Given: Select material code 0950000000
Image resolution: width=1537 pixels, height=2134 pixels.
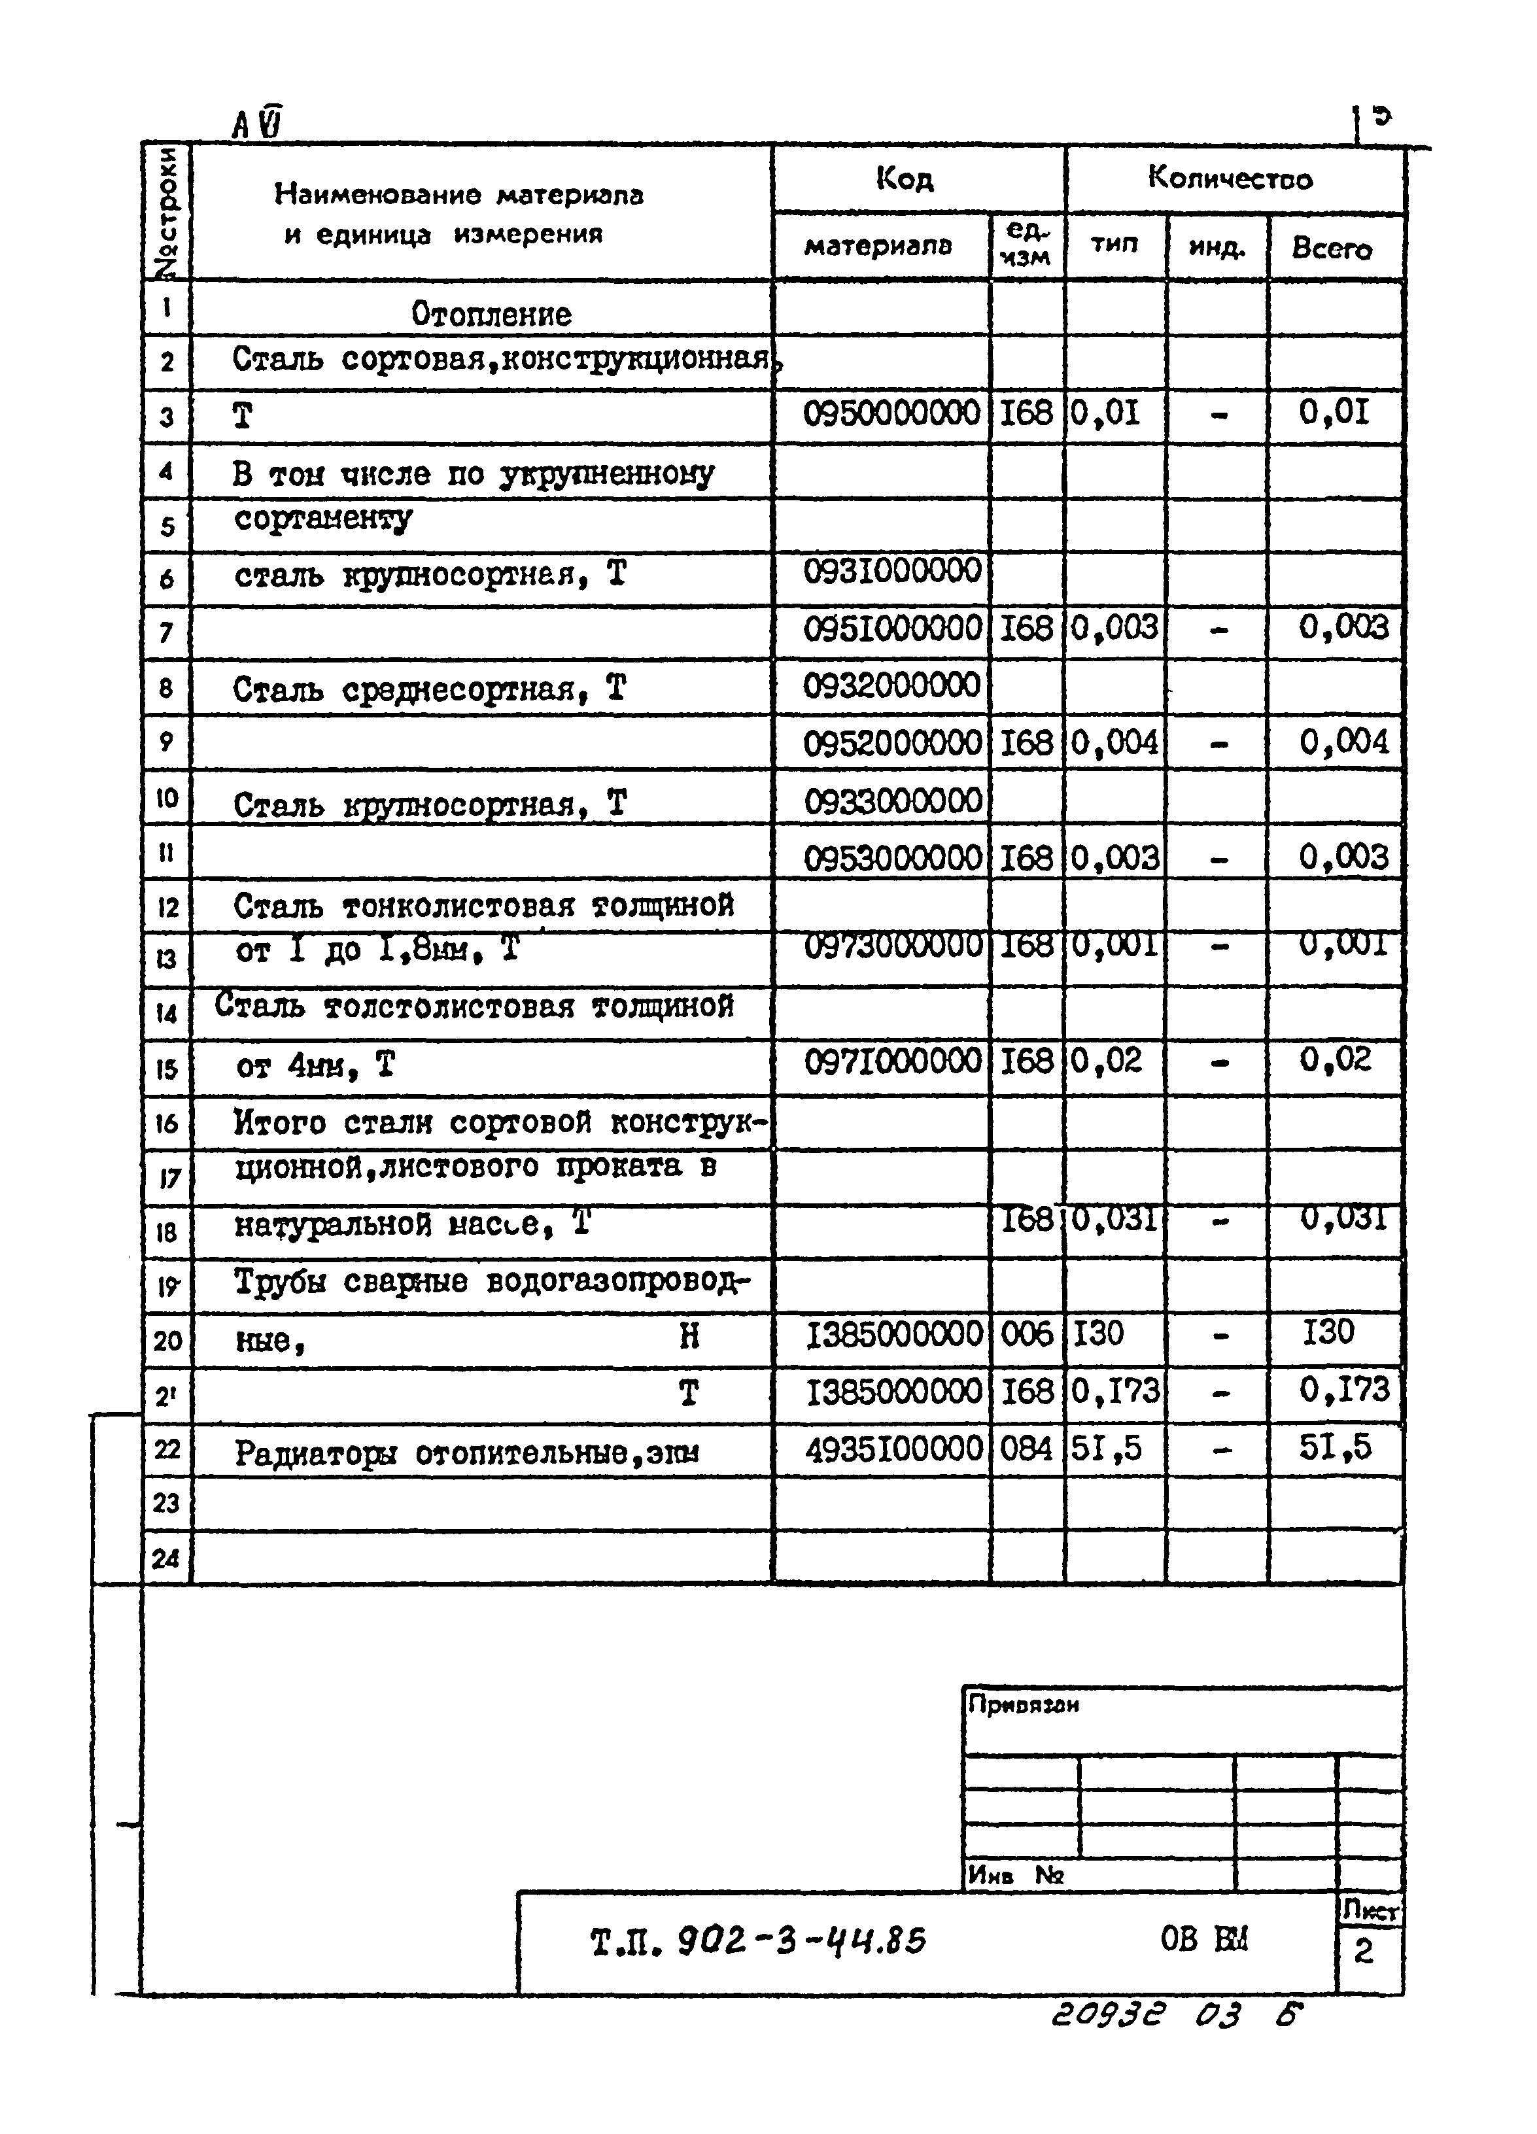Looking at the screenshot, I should [890, 413].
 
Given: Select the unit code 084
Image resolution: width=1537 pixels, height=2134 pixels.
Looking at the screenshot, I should [1026, 1448].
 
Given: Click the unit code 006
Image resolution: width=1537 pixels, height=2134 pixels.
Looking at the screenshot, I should [1026, 1334].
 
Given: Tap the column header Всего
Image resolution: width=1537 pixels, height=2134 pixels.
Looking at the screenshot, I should [1332, 249].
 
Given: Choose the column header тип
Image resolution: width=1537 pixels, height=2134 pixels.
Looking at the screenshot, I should [1114, 245].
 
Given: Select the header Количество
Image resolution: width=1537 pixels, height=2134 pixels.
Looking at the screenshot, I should [1229, 178].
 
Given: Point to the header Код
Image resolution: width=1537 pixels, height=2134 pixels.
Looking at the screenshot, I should [905, 178].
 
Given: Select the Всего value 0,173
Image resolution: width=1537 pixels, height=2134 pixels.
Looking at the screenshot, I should [1343, 1390].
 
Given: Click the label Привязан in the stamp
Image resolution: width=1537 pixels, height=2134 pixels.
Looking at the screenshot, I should [1023, 1704].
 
